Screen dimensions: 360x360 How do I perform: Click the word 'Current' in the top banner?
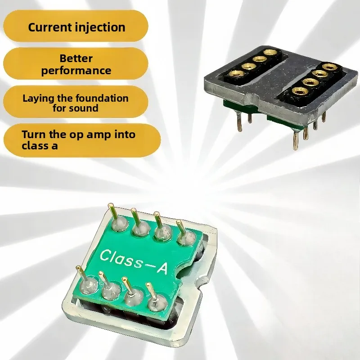(50, 27)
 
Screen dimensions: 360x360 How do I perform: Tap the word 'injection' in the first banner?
(100, 27)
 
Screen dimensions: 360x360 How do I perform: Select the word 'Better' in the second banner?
(76, 58)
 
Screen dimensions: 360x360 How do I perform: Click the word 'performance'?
(76, 71)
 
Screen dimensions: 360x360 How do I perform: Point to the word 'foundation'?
(102, 98)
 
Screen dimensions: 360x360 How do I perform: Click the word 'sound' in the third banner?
(85, 108)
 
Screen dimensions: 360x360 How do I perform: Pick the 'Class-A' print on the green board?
(134, 261)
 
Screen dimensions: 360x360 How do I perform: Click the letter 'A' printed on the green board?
(162, 268)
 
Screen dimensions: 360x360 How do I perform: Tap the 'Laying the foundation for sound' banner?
(76, 102)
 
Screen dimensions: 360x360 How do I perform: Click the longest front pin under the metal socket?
(296, 139)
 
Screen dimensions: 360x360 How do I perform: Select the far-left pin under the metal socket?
(239, 122)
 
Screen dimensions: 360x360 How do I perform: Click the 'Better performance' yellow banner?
(76, 63)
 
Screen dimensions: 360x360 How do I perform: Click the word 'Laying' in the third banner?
(39, 99)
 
